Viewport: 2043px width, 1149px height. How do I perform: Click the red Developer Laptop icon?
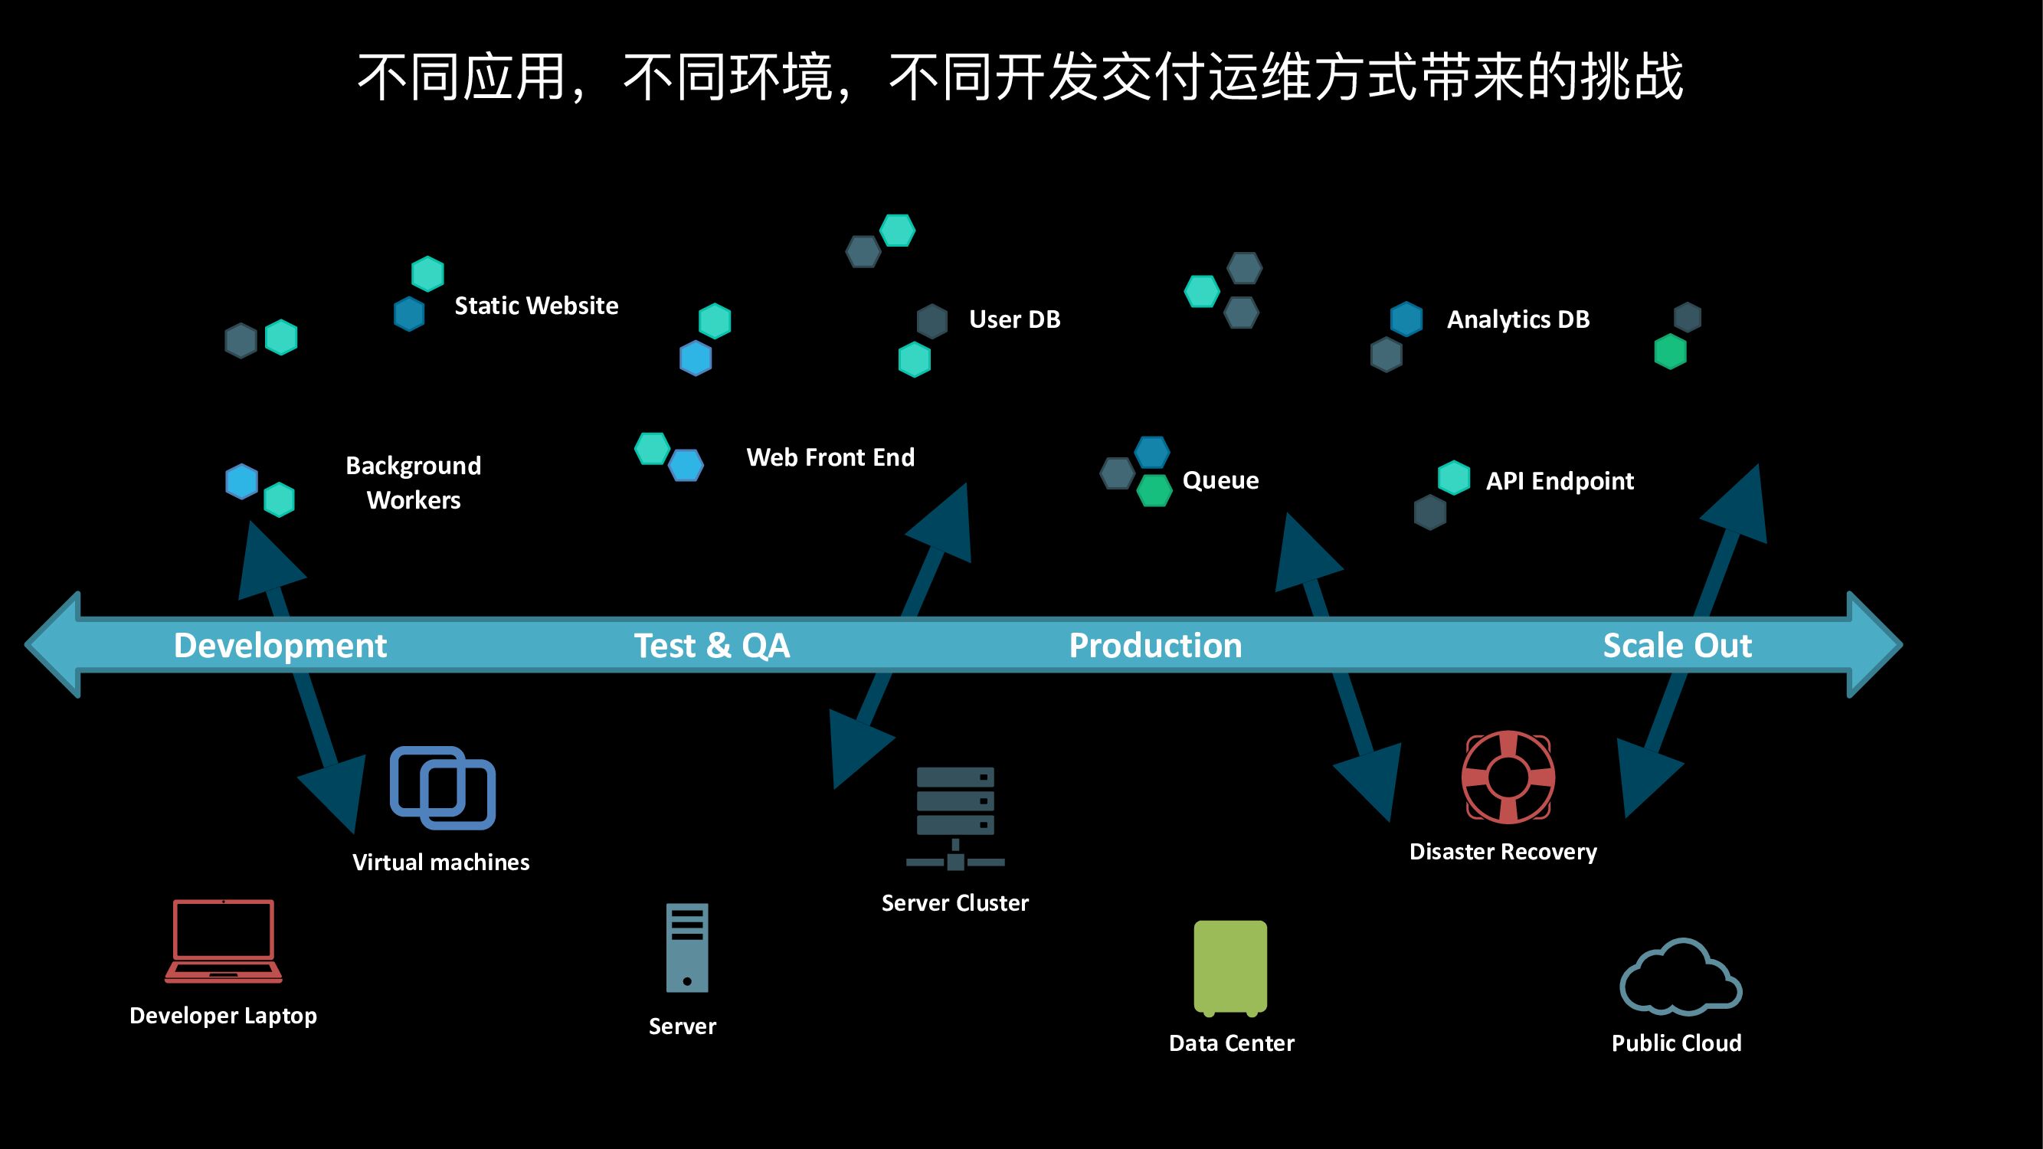224,941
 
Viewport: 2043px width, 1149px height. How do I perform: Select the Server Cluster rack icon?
955,817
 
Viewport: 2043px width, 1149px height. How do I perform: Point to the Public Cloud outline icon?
1680,978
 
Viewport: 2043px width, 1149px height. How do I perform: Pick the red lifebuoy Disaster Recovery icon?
1508,777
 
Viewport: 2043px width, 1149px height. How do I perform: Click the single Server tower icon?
687,948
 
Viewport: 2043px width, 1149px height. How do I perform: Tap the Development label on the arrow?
280,646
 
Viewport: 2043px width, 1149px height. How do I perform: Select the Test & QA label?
712,646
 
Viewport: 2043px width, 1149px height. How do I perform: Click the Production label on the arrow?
1155,646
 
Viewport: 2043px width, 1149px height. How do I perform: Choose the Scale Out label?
1678,646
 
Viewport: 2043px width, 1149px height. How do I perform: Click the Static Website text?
536,306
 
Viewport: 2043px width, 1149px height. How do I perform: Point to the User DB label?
1014,319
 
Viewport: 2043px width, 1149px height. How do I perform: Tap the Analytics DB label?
1518,319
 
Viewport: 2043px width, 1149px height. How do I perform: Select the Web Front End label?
830,457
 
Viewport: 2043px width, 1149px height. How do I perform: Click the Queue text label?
1220,480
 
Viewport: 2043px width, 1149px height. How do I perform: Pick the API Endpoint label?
1559,481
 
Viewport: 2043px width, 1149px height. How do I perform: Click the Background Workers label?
413,482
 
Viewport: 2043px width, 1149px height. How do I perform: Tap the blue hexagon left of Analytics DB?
1406,319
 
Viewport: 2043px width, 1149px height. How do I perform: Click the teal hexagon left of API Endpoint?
1454,478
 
